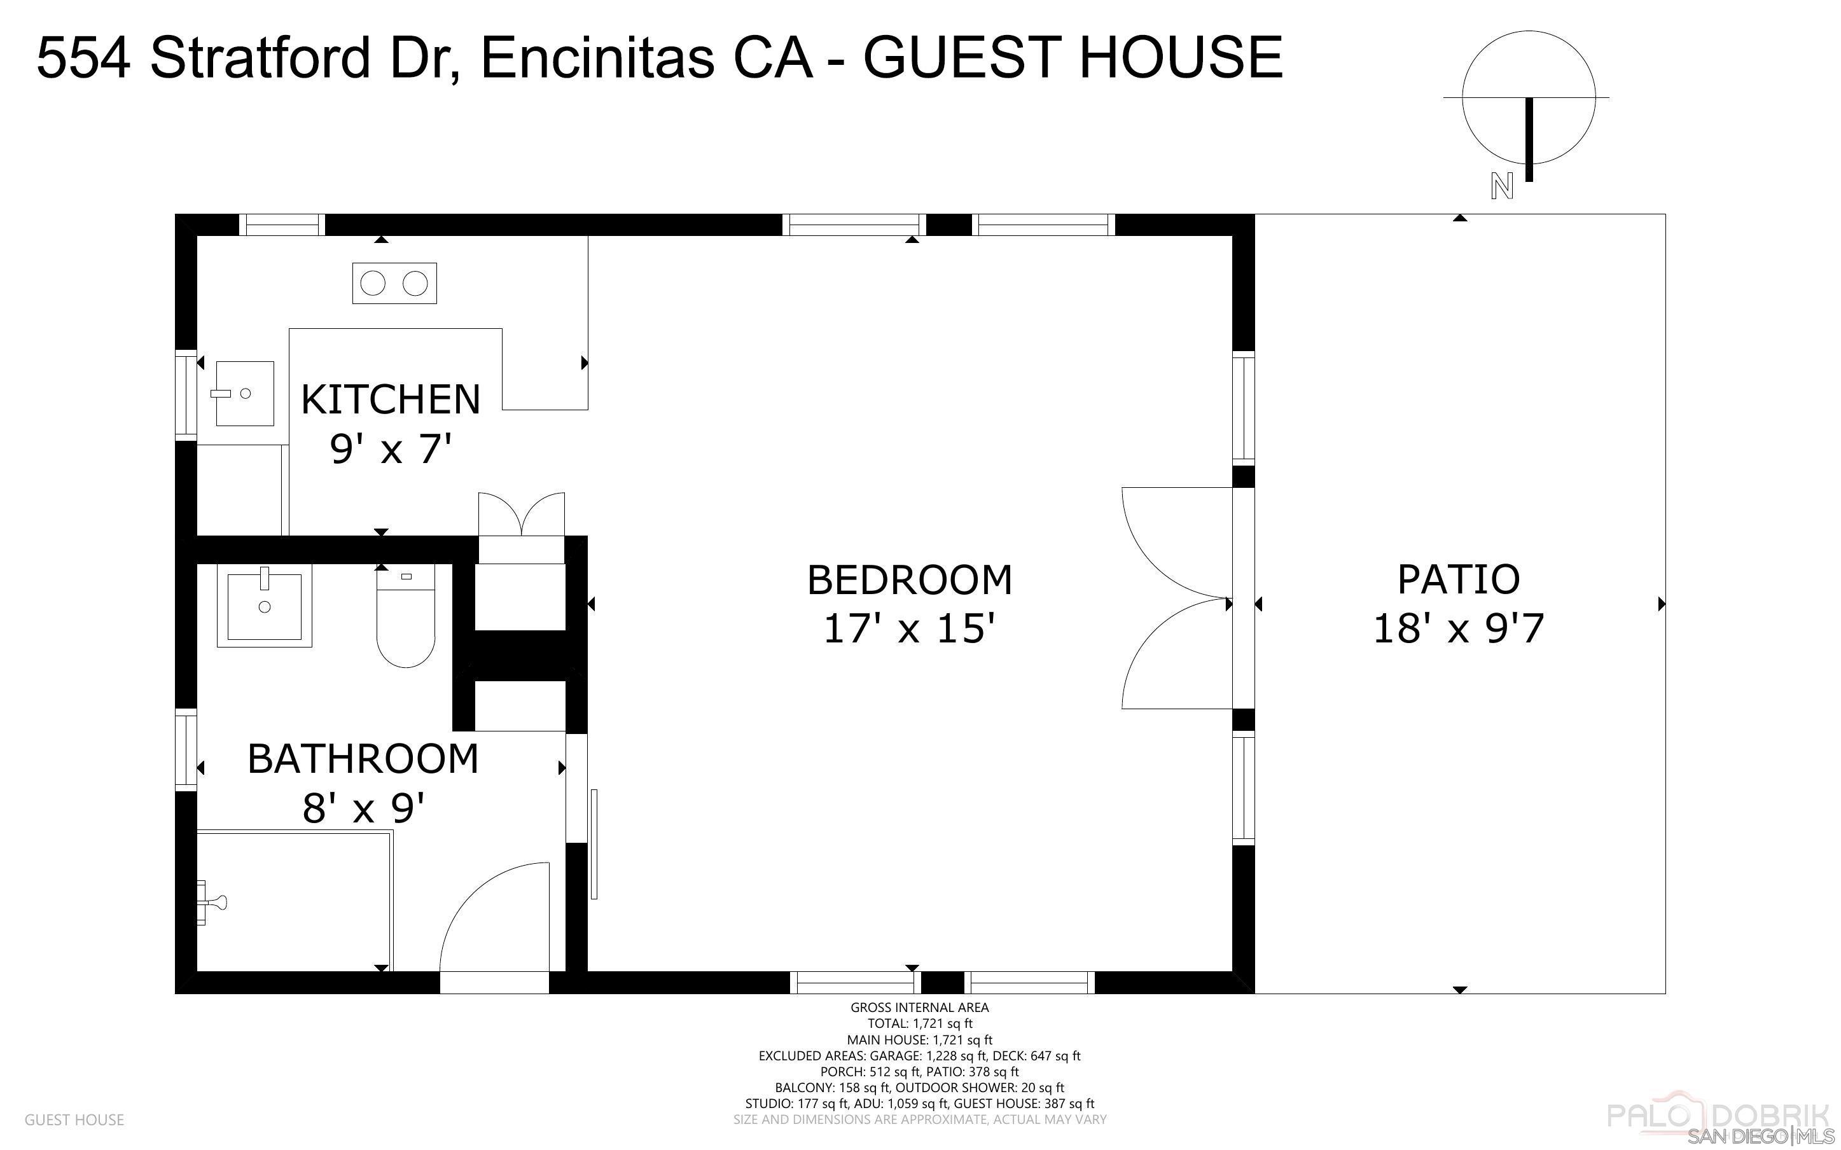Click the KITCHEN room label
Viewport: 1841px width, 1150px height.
[x=391, y=399]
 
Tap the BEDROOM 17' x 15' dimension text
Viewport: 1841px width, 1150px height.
[x=910, y=629]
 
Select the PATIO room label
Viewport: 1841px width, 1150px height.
[x=1458, y=579]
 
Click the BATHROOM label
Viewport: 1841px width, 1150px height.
[x=363, y=758]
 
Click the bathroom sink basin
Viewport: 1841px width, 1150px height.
[x=264, y=606]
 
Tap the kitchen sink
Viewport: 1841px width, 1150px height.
[x=244, y=393]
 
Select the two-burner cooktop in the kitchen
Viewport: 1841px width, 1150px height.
[x=394, y=284]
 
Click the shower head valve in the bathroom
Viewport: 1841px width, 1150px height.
[x=213, y=903]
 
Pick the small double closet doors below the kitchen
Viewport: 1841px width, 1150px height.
[x=522, y=514]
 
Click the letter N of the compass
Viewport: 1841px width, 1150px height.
[x=1501, y=186]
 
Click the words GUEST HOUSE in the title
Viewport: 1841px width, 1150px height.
[x=1073, y=57]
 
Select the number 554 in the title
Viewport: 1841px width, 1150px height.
[x=83, y=57]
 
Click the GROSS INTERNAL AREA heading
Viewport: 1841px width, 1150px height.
[x=919, y=1007]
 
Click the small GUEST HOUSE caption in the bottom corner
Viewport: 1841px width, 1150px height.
[x=74, y=1119]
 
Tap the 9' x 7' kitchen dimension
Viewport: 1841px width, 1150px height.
[x=391, y=449]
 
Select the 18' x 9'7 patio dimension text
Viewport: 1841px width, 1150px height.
[x=1458, y=629]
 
